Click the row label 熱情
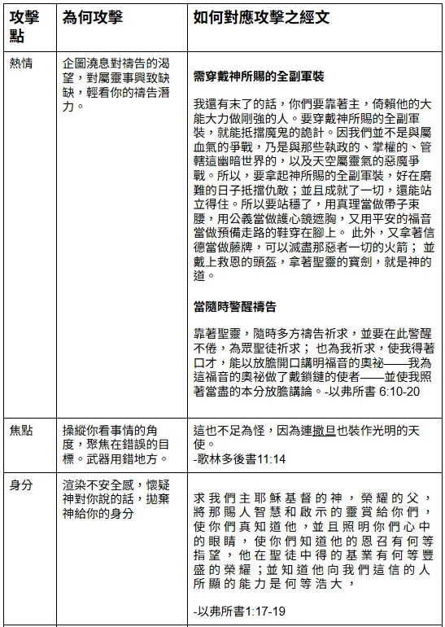(21, 64)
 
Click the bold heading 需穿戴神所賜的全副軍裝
(259, 77)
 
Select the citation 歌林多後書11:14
(242, 459)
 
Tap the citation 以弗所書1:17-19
(242, 610)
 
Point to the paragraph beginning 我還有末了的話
(313, 189)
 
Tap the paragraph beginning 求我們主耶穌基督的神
(313, 539)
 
